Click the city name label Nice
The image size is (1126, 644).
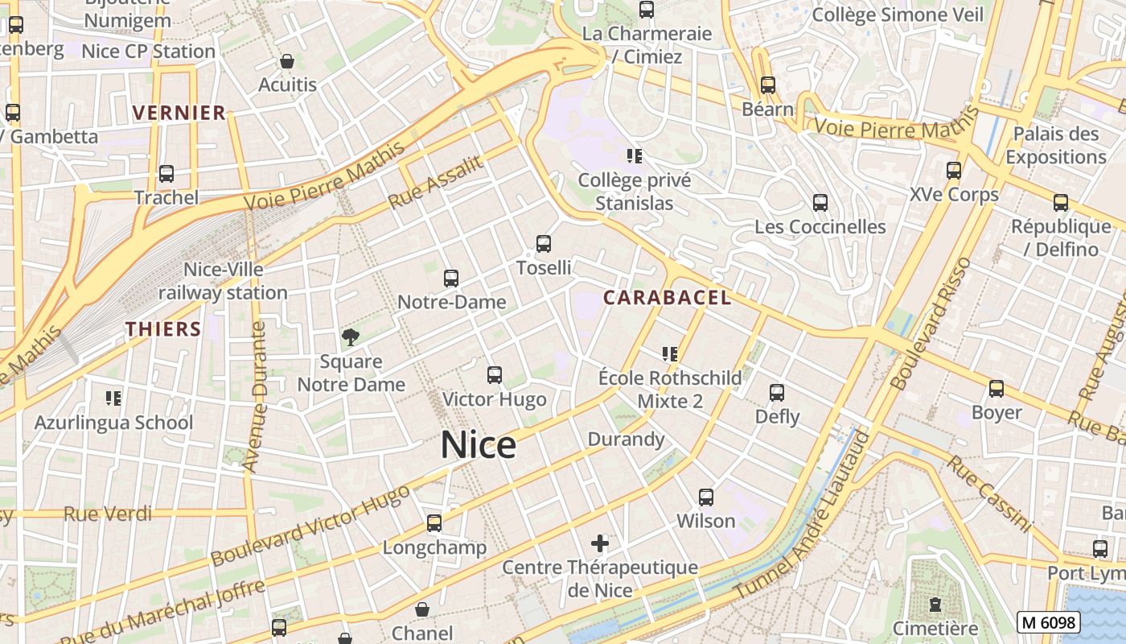[479, 445]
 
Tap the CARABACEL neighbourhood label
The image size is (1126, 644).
[667, 298]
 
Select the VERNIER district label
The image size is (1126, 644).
[179, 113]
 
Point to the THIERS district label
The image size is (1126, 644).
[163, 328]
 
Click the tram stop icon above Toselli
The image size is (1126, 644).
[544, 244]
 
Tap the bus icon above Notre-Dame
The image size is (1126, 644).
[451, 279]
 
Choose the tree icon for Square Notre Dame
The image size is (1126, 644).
[351, 337]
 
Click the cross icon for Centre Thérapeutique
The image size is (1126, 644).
[600, 543]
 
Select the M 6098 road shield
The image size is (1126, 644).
[1048, 622]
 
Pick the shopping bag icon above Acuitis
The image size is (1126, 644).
[287, 61]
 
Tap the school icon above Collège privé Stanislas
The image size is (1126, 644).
[635, 156]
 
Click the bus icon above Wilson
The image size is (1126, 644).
[706, 497]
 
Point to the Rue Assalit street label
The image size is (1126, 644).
[436, 183]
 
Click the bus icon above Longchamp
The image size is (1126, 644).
[434, 523]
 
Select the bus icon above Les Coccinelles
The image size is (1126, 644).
[820, 203]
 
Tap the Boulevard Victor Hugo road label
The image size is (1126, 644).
[310, 519]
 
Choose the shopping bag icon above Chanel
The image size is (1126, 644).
[422, 610]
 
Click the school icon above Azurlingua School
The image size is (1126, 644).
[113, 398]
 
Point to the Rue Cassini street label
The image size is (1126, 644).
[988, 493]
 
